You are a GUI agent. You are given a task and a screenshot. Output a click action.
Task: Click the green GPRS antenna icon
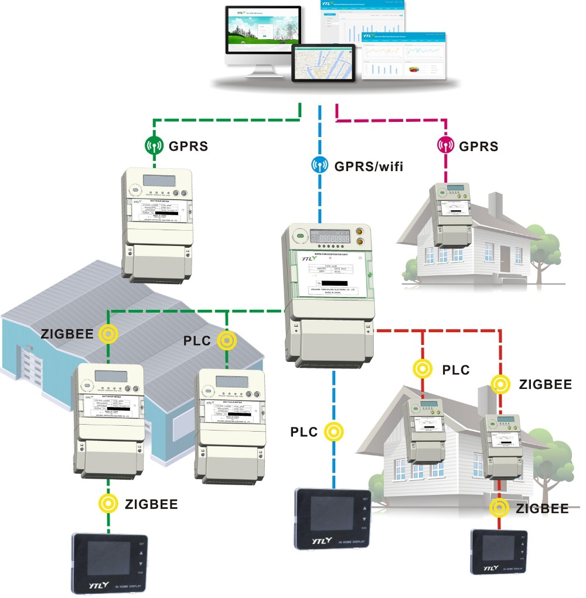point(154,145)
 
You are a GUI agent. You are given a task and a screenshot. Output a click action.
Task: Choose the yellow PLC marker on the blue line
point(333,431)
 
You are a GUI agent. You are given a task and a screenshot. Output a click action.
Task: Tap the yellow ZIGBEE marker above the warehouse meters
point(108,334)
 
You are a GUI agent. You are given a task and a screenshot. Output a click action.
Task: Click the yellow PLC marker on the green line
point(226,340)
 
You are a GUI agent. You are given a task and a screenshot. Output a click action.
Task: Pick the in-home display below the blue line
point(333,518)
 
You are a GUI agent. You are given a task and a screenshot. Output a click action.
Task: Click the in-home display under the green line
point(110,563)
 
